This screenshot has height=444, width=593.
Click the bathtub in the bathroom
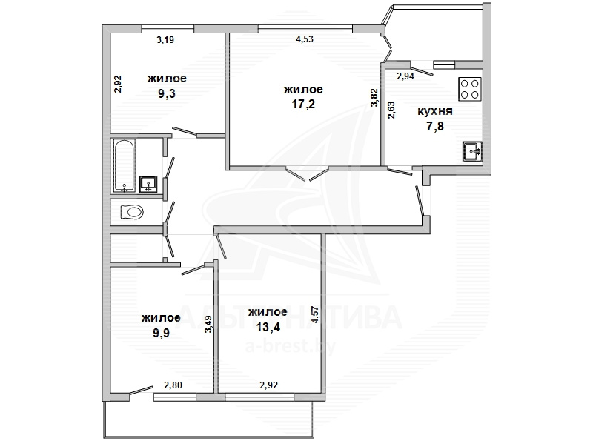pyautogui.click(x=124, y=166)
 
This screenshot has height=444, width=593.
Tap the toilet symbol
pyautogui.click(x=132, y=212)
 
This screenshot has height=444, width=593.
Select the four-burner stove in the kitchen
pyautogui.click(x=470, y=89)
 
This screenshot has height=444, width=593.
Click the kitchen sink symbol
pyautogui.click(x=472, y=151)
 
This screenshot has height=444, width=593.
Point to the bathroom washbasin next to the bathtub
pyautogui.click(x=148, y=184)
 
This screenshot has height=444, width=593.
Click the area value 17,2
pyautogui.click(x=303, y=104)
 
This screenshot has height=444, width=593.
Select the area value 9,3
pyautogui.click(x=167, y=93)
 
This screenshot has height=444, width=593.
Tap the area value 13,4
pyautogui.click(x=268, y=327)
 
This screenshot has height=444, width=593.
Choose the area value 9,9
pyautogui.click(x=161, y=333)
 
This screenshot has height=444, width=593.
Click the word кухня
pyautogui.click(x=435, y=112)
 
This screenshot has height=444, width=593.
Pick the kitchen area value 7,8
pyautogui.click(x=435, y=126)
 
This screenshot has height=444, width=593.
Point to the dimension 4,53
pyautogui.click(x=305, y=39)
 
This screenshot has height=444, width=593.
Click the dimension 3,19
pyautogui.click(x=165, y=40)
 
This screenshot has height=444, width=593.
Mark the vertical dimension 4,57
pyautogui.click(x=317, y=314)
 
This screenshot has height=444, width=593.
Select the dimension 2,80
pyautogui.click(x=173, y=385)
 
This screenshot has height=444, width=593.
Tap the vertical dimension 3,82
pyautogui.click(x=374, y=98)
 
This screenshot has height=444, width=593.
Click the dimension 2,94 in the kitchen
pyautogui.click(x=405, y=76)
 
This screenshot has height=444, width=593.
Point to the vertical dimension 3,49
pyautogui.click(x=208, y=325)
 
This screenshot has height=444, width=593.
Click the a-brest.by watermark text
pyautogui.click(x=291, y=347)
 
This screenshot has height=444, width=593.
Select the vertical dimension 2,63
pyautogui.click(x=391, y=110)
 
